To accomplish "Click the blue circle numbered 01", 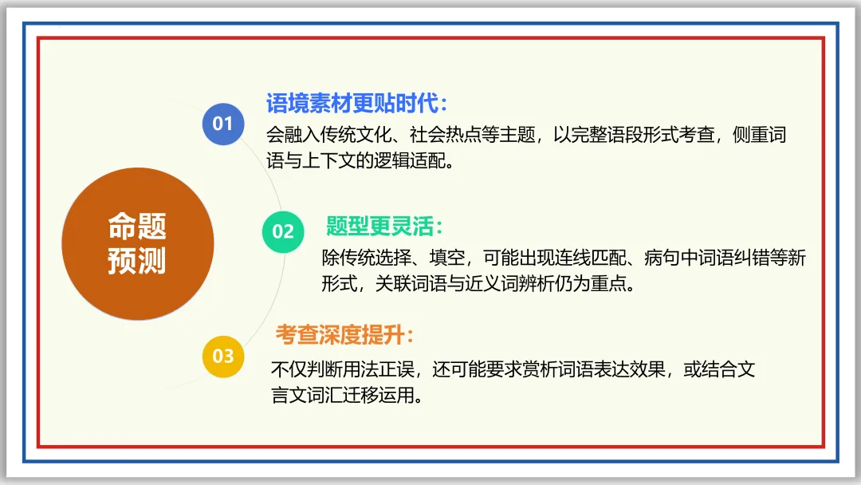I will (x=222, y=124).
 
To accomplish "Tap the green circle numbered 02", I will (x=283, y=231).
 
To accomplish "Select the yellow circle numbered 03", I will (x=222, y=355).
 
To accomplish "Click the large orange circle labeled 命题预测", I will (x=137, y=243).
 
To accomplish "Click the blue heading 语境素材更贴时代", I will (x=356, y=103).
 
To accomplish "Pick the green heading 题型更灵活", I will (x=383, y=227).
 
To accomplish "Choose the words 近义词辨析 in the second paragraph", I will (x=509, y=284).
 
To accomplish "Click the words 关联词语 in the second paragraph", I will (x=410, y=284).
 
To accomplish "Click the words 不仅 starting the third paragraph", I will (x=289, y=370).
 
